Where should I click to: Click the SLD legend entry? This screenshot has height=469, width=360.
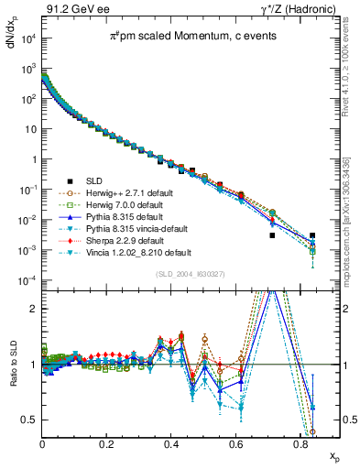pyautogui.click(x=105, y=180)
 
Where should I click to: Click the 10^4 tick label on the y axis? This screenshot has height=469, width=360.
pyautogui.click(x=27, y=38)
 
